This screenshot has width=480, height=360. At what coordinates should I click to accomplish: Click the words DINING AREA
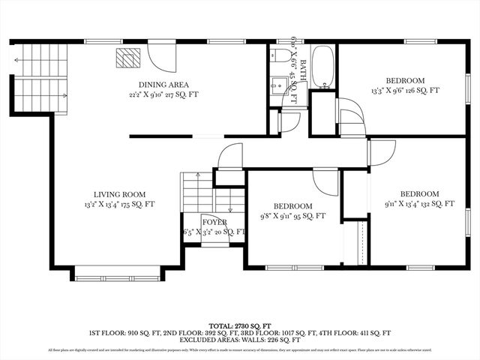(x=163, y=84)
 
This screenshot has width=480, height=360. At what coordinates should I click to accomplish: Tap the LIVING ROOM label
(x=120, y=193)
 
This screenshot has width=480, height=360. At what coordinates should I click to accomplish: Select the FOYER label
(x=214, y=222)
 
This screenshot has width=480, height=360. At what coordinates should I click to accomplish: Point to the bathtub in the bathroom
(x=323, y=67)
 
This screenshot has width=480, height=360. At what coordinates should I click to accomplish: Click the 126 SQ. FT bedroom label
(x=406, y=80)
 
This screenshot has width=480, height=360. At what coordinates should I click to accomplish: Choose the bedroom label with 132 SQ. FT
(x=419, y=193)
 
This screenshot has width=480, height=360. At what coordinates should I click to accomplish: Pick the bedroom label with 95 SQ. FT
(x=292, y=205)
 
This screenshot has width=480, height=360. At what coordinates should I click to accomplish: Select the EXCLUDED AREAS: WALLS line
(x=240, y=339)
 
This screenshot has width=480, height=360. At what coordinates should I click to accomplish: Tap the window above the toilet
(x=286, y=41)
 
